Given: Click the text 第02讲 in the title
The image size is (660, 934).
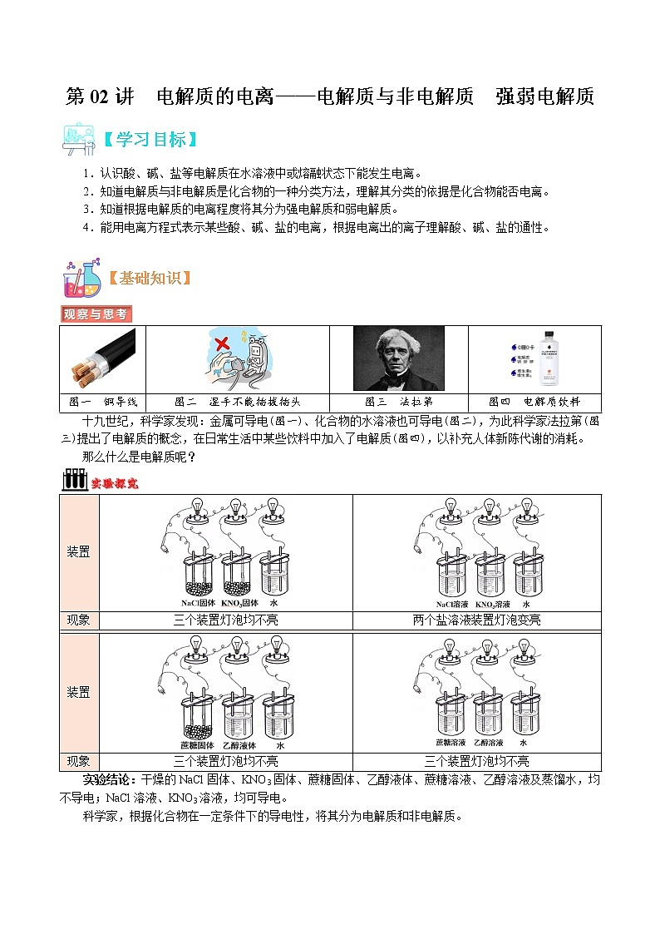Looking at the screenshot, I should pos(99,96).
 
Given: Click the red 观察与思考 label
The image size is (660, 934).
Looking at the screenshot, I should pos(96,314).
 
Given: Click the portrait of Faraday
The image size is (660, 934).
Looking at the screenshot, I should pos(399,358).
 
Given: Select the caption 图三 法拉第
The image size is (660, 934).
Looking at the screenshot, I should pos(398,401).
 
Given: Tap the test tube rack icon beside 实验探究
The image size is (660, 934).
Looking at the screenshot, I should pos(74,481).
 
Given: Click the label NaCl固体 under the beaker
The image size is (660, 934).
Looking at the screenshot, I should pos(198,603).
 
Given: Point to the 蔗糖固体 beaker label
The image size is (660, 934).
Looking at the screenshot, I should pos(198,744).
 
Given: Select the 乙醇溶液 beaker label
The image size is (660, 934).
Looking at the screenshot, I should pos(489,742).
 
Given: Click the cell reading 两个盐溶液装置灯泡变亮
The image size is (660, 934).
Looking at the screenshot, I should pos(476,620).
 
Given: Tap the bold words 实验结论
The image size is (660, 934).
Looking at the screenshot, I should pos(109,780).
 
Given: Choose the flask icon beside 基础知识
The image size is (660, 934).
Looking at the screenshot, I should pos(81,278).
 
